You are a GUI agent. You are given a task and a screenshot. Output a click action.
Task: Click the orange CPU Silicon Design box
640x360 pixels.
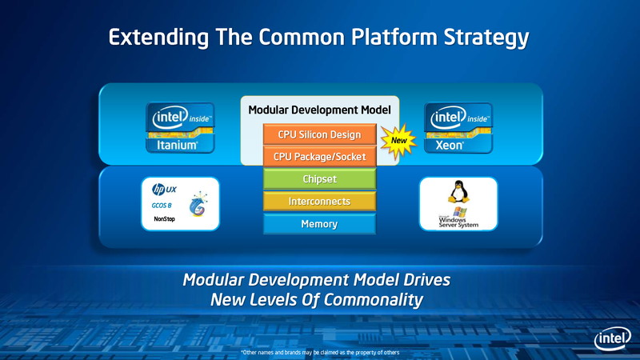pyautogui.click(x=319, y=134)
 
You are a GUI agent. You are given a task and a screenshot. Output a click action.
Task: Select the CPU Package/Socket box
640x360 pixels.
pyautogui.click(x=319, y=157)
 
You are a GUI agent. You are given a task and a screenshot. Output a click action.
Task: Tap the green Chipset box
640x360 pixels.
pyautogui.click(x=319, y=179)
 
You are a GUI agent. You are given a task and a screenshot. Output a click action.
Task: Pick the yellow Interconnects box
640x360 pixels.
pyautogui.click(x=319, y=202)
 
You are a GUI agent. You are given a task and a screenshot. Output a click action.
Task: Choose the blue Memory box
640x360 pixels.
pyautogui.click(x=319, y=224)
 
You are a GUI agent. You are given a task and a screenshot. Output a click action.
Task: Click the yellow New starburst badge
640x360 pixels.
pyautogui.click(x=398, y=142)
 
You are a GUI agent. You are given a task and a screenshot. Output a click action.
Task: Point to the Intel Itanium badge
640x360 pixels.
pyautogui.click(x=179, y=128)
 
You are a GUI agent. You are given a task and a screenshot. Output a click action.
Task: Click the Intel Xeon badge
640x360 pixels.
pyautogui.click(x=458, y=128)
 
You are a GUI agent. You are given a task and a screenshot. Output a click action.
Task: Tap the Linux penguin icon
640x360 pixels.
pyautogui.click(x=458, y=193)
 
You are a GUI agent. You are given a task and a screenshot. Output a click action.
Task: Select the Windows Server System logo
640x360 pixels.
pyautogui.click(x=458, y=218)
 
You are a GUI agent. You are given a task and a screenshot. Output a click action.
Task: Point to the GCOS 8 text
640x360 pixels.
pyautogui.click(x=162, y=206)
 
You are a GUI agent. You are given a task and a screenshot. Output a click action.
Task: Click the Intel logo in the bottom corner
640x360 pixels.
pyautogui.click(x=612, y=339)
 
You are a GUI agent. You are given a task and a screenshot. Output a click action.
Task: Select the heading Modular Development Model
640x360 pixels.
pyautogui.click(x=319, y=110)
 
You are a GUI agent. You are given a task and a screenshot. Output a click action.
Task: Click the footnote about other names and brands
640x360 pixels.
pyautogui.click(x=319, y=352)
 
